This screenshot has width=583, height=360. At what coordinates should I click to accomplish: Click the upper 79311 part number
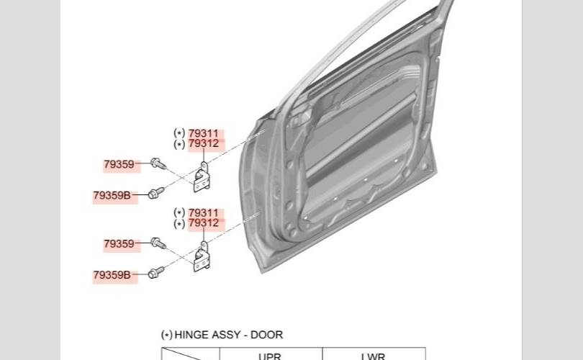pyautogui.click(x=203, y=133)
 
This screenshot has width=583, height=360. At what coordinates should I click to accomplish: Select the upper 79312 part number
pyautogui.click(x=203, y=143)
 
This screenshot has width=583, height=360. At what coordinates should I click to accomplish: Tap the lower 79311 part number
pyautogui.click(x=203, y=213)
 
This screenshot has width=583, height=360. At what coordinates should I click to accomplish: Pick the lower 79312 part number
pyautogui.click(x=203, y=223)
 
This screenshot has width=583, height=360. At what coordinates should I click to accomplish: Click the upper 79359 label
pyautogui.click(x=119, y=165)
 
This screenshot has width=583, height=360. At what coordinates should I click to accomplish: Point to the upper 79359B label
pyautogui.click(x=112, y=195)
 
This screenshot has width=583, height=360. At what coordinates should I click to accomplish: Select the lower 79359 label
pyautogui.click(x=119, y=244)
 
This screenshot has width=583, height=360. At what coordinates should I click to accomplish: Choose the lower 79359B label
pyautogui.click(x=112, y=274)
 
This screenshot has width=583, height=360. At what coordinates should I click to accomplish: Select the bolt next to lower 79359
pyautogui.click(x=158, y=244)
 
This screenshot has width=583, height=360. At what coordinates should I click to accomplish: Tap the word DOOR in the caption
pyautogui.click(x=267, y=335)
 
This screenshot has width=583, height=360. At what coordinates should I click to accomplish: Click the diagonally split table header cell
pyautogui.click(x=190, y=355)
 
